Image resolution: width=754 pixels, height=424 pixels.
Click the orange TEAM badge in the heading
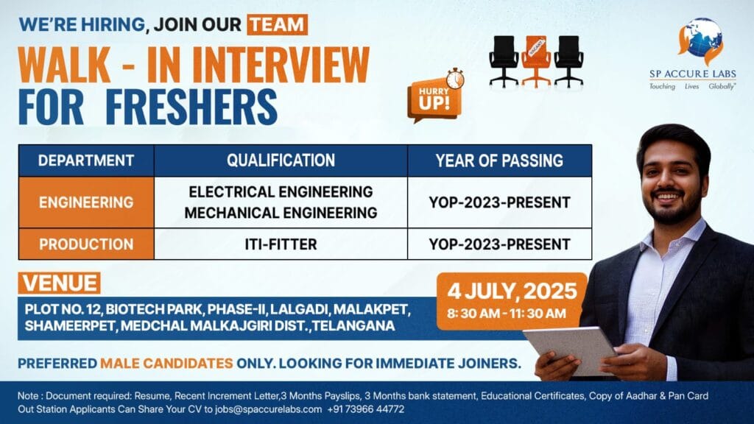277,24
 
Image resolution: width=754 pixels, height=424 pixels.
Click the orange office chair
536,60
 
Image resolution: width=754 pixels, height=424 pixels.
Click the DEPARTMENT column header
86,160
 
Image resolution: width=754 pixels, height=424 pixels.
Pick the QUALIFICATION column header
281,160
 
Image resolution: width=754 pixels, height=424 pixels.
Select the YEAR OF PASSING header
499,160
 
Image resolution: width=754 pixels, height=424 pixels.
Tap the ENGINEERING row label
86,202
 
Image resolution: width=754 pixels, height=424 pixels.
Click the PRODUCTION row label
86,244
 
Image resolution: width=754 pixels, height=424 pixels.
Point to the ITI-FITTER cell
281,244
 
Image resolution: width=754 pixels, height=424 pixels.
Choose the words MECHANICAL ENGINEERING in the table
281,213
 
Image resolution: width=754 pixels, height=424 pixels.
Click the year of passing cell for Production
499,244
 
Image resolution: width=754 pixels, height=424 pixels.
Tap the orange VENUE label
60,283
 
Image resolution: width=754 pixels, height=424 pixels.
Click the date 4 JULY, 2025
510,291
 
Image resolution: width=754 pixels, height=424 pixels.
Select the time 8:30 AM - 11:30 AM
507,314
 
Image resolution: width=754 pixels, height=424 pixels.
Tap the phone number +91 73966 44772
366,409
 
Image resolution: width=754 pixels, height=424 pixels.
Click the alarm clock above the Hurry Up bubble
454,78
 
